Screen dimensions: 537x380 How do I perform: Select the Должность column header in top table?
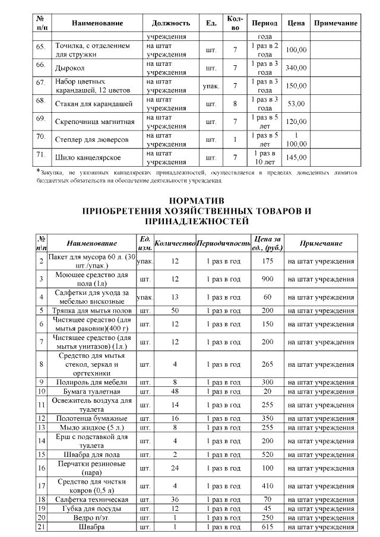pyautogui.click(x=171, y=23)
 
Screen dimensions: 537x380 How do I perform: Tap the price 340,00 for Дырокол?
pyautogui.click(x=296, y=68)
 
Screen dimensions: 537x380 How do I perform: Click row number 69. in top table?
pyautogui.click(x=41, y=119)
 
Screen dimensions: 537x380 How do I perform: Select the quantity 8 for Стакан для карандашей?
pyautogui.click(x=235, y=104)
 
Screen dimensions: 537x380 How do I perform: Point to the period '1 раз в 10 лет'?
pyautogui.click(x=265, y=157)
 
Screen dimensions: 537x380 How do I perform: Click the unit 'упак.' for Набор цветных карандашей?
pyautogui.click(x=211, y=86)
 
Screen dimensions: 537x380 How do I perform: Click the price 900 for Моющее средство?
pyautogui.click(x=267, y=278)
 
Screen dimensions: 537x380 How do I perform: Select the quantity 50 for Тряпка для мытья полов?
pyautogui.click(x=175, y=310)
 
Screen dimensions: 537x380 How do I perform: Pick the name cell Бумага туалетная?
pyautogui.click(x=88, y=392)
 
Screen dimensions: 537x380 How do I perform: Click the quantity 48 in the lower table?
pyautogui.click(x=175, y=392)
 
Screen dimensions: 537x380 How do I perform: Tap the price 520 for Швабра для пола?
pyautogui.click(x=267, y=455)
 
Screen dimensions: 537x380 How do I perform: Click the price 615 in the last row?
pyautogui.click(x=267, y=527)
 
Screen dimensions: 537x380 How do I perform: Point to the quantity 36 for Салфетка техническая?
pyautogui.click(x=175, y=500)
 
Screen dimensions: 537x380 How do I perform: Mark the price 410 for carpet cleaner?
pyautogui.click(x=267, y=486)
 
